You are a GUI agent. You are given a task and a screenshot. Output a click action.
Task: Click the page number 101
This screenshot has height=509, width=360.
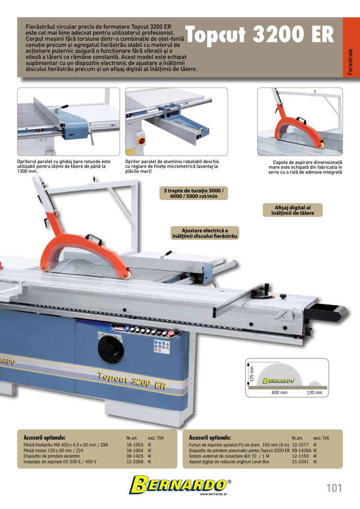(x=334, y=488)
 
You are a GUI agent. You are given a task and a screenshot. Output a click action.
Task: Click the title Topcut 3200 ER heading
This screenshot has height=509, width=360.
(x=259, y=35)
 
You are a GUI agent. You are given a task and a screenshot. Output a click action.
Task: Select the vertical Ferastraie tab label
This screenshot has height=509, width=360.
(x=350, y=62)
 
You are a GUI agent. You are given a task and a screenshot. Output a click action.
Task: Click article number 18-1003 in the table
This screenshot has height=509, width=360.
(x=135, y=445)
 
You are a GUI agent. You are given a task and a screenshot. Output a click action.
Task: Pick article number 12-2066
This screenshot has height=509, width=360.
(x=135, y=462)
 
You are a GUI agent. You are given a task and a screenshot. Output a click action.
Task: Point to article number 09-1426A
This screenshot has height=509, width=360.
(x=301, y=450)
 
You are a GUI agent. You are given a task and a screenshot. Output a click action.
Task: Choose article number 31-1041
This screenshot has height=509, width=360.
(x=300, y=462)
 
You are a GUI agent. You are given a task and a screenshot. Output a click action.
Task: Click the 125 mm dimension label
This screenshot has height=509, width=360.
(x=252, y=373)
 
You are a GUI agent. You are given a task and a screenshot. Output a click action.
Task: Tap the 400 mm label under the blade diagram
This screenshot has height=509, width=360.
(x=279, y=392)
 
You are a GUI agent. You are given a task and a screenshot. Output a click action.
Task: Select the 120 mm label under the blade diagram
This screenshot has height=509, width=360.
(x=314, y=392)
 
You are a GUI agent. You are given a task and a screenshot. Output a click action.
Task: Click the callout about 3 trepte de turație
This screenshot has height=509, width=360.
(x=193, y=193)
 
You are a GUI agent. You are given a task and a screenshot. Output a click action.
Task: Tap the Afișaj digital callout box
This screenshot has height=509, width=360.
(x=292, y=210)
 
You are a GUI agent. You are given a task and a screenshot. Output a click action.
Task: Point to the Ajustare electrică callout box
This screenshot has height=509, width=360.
(x=205, y=233)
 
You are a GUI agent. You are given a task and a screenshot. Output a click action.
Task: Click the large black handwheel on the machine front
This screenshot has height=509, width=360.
(x=110, y=349)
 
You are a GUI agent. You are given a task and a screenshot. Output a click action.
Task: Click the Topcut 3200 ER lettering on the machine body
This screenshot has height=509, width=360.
(x=132, y=380)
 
